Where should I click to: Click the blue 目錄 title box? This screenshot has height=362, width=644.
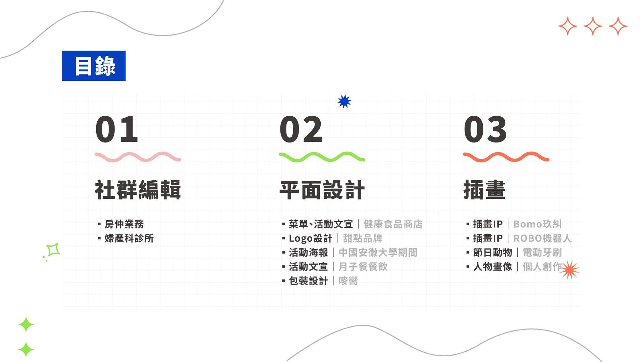[x=94, y=66]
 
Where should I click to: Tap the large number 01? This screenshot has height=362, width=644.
[x=116, y=129]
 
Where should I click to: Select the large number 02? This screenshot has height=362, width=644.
[x=301, y=129]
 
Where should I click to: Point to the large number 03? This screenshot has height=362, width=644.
[x=485, y=129]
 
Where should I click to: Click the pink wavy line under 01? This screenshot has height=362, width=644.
[x=138, y=157]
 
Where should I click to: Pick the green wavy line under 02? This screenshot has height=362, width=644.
[x=322, y=157]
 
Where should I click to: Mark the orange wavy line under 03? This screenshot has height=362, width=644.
[x=506, y=157]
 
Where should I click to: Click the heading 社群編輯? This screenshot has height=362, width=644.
[x=138, y=190]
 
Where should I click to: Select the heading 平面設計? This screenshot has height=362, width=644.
[x=322, y=190]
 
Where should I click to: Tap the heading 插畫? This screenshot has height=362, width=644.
[x=484, y=190]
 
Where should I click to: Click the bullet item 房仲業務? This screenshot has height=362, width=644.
[x=124, y=224]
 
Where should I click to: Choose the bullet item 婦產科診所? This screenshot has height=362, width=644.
[x=129, y=238]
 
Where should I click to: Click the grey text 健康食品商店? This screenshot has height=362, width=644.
[x=393, y=224]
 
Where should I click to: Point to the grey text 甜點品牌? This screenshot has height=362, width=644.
[x=363, y=238]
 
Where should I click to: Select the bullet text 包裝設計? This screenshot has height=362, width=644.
[x=308, y=281]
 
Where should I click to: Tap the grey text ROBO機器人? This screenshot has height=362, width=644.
[x=542, y=238]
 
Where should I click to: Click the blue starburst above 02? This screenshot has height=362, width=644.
[x=344, y=101]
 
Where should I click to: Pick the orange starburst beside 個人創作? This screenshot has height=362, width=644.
[x=570, y=270]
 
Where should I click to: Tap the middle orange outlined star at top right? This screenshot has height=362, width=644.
[x=593, y=26]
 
